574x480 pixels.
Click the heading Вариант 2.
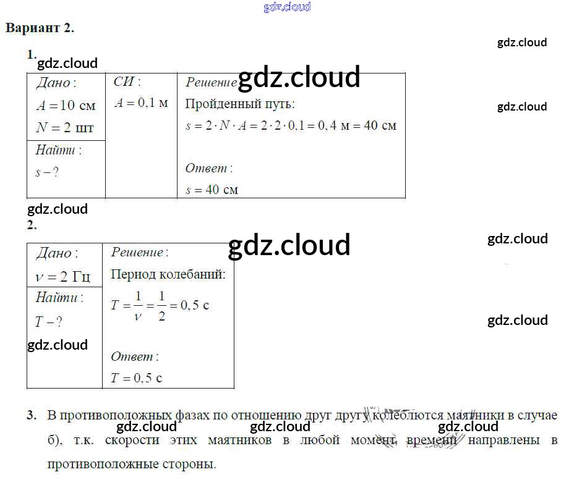[x=40, y=28]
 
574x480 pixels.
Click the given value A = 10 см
[x=66, y=106]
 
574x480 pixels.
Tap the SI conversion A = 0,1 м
[x=141, y=103]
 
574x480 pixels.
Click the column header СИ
[x=127, y=82]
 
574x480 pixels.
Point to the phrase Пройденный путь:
[x=240, y=104]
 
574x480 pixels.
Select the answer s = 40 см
[x=212, y=190]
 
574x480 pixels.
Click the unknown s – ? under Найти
[x=47, y=172]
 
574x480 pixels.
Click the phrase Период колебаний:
[x=168, y=274]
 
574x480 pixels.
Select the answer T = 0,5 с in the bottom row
[x=136, y=378]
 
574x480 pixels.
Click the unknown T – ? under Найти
[x=49, y=322]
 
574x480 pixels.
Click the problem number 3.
[x=31, y=416]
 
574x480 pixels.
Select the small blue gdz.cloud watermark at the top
[x=287, y=7]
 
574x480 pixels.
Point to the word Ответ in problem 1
[x=208, y=168]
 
